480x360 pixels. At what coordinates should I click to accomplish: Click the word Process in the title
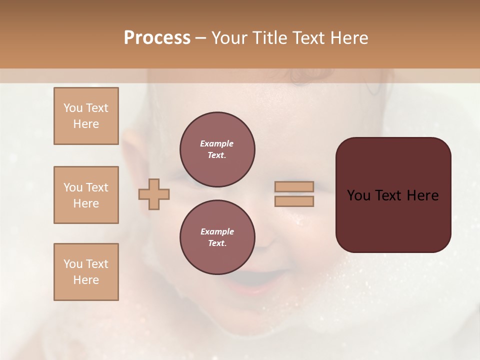[157, 38]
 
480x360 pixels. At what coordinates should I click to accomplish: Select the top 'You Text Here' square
[86, 116]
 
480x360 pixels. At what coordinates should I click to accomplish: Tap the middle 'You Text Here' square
[86, 195]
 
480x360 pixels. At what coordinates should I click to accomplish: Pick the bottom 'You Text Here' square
[86, 272]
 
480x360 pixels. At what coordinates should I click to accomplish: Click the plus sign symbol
[154, 194]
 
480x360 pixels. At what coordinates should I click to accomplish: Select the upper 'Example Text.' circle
[217, 149]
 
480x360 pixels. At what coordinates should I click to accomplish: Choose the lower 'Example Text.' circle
[217, 237]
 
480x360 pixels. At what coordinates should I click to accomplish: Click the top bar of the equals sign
[294, 186]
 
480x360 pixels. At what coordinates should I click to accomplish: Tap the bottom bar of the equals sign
[294, 201]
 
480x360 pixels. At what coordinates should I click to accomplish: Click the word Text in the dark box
[388, 195]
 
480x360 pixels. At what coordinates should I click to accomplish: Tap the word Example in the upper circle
[217, 143]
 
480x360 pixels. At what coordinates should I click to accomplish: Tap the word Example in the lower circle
[217, 231]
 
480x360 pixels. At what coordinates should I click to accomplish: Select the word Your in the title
[230, 38]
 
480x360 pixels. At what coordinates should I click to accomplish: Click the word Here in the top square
[86, 124]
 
